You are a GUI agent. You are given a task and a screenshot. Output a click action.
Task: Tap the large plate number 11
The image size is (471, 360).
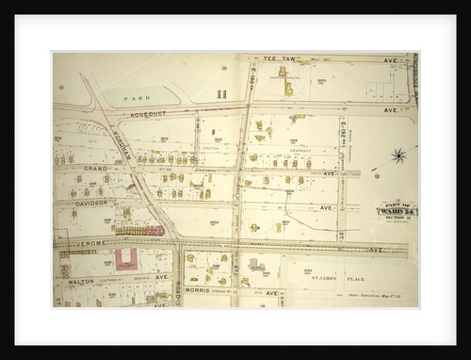pos(221,93)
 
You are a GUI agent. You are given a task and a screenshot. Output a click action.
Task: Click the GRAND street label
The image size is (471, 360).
pos(96,168)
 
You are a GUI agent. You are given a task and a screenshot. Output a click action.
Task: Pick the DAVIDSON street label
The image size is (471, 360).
pos(90,202)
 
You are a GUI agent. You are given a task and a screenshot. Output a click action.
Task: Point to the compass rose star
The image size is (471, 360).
pos(398,155)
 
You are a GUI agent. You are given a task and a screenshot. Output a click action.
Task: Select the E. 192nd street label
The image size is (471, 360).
pos(344,137)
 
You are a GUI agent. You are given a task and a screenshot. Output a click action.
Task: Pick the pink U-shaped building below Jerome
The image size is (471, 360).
pos(126,259)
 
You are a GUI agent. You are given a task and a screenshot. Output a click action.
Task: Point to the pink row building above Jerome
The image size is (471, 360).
pos(139,230)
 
